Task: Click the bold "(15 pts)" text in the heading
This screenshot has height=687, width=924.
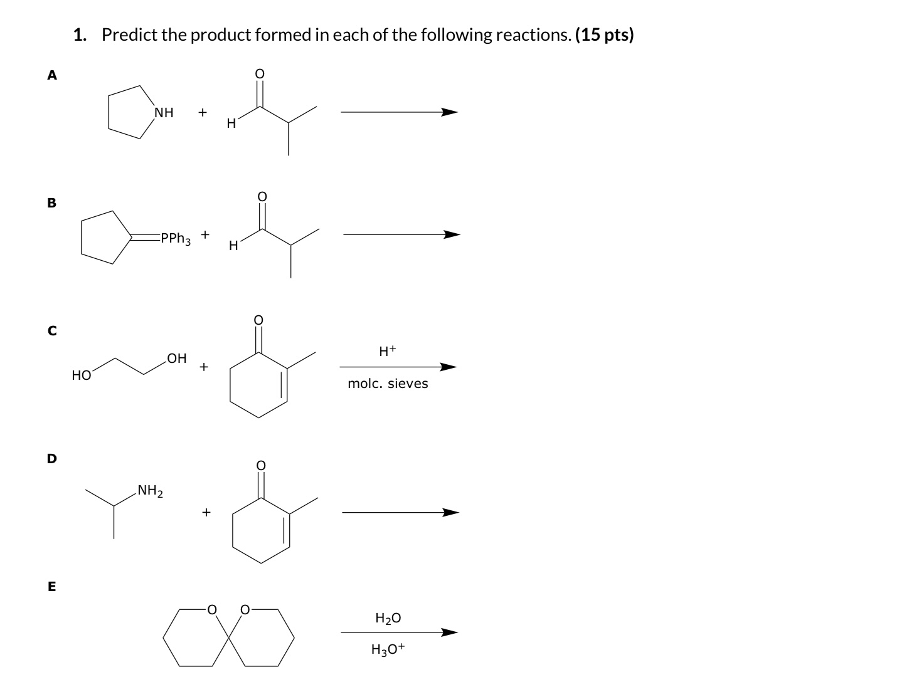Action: point(604,35)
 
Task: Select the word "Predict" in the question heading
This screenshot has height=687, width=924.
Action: point(129,35)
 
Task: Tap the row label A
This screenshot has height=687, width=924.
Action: point(52,75)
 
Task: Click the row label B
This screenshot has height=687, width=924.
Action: point(52,202)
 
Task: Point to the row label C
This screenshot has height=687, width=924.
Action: point(52,330)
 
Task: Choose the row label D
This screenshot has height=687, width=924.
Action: point(52,458)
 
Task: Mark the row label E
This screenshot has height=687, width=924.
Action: point(52,587)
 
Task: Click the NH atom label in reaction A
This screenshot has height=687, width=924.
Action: point(164,113)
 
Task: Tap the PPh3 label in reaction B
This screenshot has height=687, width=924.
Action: point(175,239)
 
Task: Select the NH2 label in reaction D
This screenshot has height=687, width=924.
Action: point(150,490)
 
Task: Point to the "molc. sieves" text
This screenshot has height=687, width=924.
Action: point(388,384)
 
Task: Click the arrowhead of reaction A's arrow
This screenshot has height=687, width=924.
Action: point(449,113)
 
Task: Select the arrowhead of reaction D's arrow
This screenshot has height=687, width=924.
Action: point(450,513)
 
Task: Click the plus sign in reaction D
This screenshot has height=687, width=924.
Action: point(204,513)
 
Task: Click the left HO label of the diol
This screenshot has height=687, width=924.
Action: point(82,375)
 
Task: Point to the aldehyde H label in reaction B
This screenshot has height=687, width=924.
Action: point(233,246)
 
